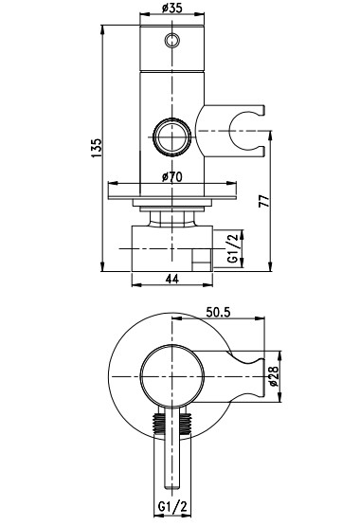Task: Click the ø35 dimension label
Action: tap(171, 7)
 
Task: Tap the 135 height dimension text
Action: tap(97, 148)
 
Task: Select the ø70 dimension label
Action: tap(172, 176)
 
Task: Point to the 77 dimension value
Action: tap(265, 201)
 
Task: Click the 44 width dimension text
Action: tap(172, 279)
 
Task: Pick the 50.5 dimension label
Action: tap(218, 313)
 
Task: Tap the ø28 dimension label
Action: tap(273, 376)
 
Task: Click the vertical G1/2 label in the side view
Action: tap(233, 248)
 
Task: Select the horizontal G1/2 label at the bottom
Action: tap(172, 507)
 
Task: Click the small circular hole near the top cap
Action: tap(172, 41)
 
